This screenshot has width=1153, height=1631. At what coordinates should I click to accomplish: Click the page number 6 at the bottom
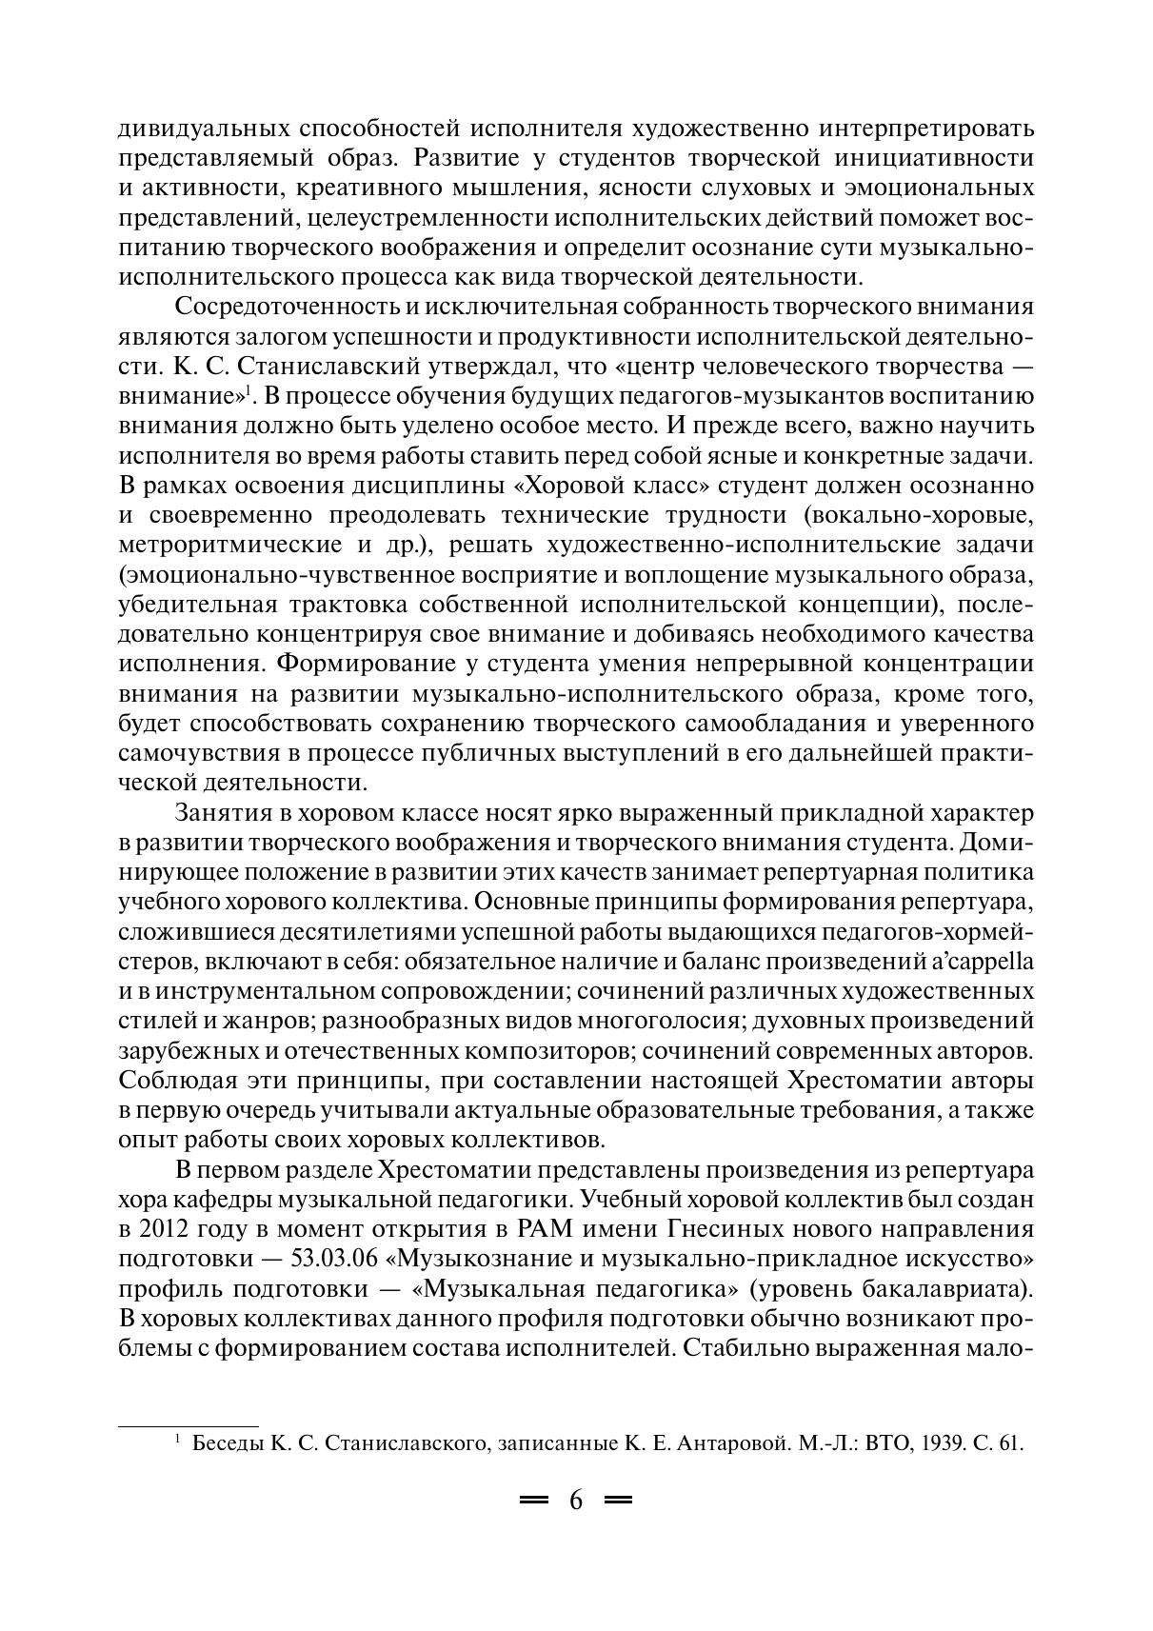576,1502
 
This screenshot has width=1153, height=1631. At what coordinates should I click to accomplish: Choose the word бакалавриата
958,1288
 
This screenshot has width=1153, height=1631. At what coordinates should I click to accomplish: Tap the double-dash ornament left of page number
534,1502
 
